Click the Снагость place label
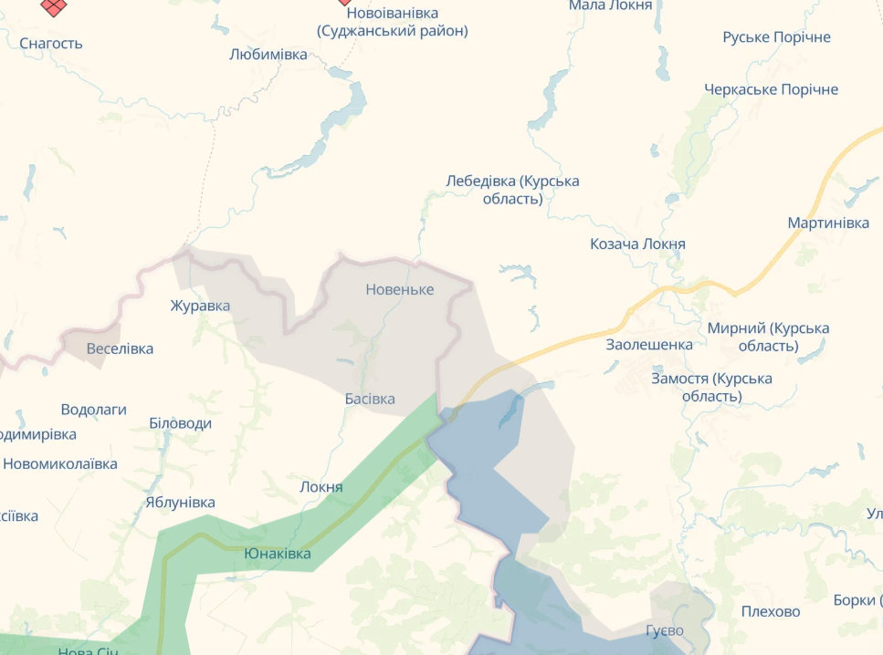pyautogui.click(x=51, y=43)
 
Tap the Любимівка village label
pyautogui.click(x=268, y=55)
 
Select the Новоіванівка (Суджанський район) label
pyautogui.click(x=393, y=22)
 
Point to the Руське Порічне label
pyautogui.click(x=776, y=37)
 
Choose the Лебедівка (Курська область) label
pyautogui.click(x=512, y=190)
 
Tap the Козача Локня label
pyautogui.click(x=637, y=244)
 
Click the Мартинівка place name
pyautogui.click(x=828, y=224)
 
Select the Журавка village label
pyautogui.click(x=200, y=306)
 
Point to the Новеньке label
pyautogui.click(x=400, y=289)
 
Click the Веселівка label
pyautogui.click(x=120, y=348)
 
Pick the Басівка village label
pyautogui.click(x=370, y=399)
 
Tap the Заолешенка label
pyautogui.click(x=649, y=345)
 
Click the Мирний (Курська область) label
pyautogui.click(x=768, y=337)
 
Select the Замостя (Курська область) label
pyautogui.click(x=711, y=387)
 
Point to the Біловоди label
pyautogui.click(x=180, y=423)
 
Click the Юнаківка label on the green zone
pyautogui.click(x=278, y=554)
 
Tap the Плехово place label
pyautogui.click(x=771, y=611)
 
